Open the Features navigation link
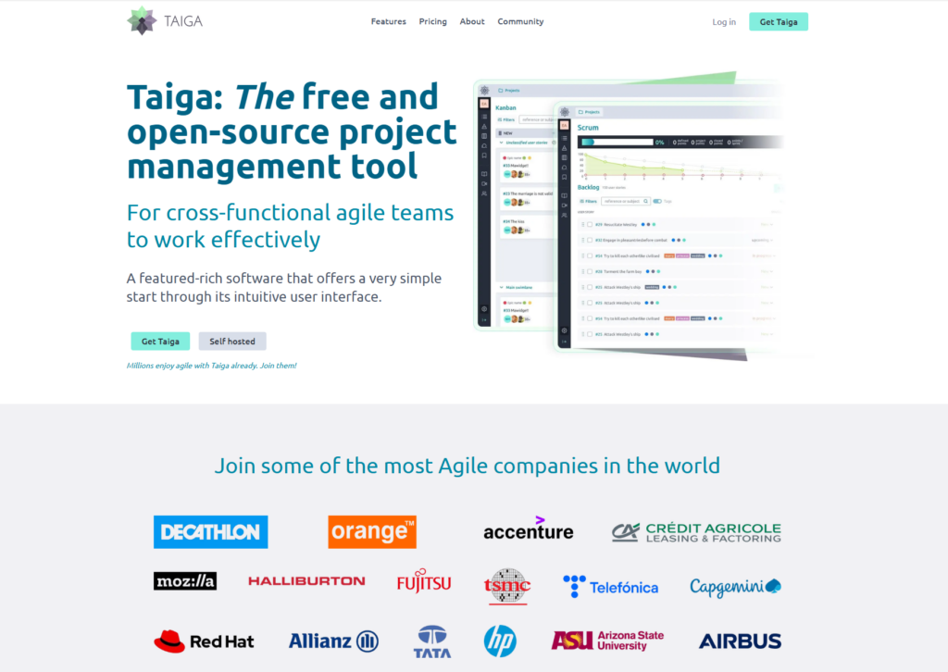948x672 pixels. tap(388, 21)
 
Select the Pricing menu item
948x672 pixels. tap(432, 21)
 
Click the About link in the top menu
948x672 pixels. tap(472, 21)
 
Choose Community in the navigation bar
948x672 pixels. tap(520, 21)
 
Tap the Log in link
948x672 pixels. tap(724, 22)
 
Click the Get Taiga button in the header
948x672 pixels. tap(779, 21)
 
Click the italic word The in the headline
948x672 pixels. tap(264, 97)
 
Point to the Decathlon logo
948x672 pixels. tap(210, 532)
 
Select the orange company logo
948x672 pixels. tap(372, 532)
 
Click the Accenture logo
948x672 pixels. tap(528, 529)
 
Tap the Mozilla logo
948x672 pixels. tap(185, 581)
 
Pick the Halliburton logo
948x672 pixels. tap(306, 581)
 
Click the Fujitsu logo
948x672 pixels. tap(424, 583)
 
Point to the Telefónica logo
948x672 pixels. tap(611, 586)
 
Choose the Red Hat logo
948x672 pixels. tap(204, 641)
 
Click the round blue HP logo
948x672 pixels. tap(500, 641)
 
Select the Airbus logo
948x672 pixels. tap(740, 641)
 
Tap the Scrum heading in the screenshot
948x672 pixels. tap(589, 127)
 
